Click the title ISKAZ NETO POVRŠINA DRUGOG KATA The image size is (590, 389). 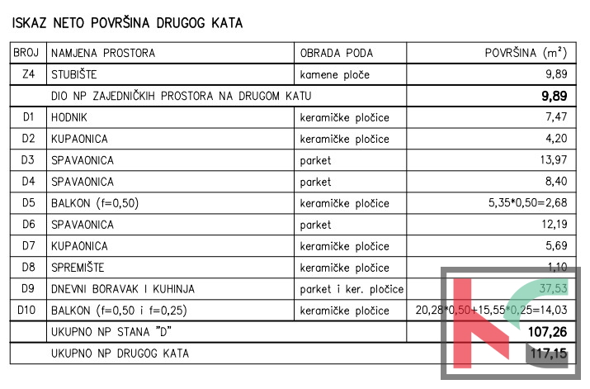pyautogui.click(x=126, y=23)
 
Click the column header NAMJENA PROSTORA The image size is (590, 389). pyautogui.click(x=103, y=54)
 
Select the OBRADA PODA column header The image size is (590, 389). pyautogui.click(x=337, y=54)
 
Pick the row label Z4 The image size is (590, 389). pyautogui.click(x=28, y=75)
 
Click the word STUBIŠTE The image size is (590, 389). pyautogui.click(x=79, y=75)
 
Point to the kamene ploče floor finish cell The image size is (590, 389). pyautogui.click(x=335, y=75)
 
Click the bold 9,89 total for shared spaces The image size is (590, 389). pyautogui.click(x=552, y=96)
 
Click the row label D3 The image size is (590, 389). pyautogui.click(x=28, y=160)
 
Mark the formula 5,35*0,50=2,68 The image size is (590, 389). pyautogui.click(x=528, y=203)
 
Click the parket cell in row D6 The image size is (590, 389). pyautogui.click(x=315, y=225)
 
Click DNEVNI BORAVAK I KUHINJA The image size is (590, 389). pyautogui.click(x=122, y=289)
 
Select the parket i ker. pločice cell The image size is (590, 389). pyautogui.click(x=352, y=289)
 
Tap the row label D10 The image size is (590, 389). pyautogui.click(x=28, y=311)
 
